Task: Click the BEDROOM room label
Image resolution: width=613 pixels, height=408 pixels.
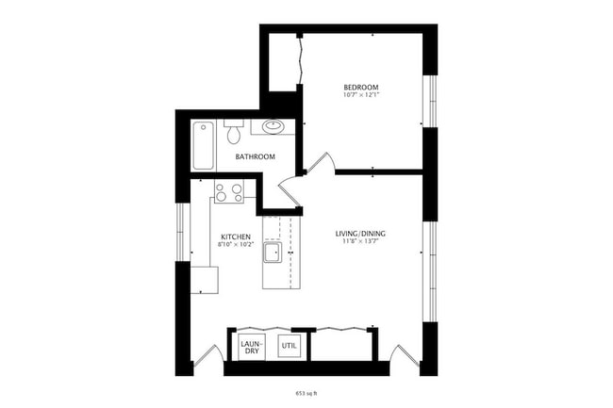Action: tap(361, 88)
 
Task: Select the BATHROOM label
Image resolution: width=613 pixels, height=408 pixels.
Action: tap(255, 156)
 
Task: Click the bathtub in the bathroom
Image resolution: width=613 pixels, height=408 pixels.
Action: tap(204, 145)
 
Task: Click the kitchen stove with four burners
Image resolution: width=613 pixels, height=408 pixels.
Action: tap(229, 192)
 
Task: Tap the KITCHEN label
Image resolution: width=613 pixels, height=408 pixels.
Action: tap(235, 237)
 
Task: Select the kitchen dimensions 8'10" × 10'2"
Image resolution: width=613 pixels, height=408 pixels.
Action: tap(235, 245)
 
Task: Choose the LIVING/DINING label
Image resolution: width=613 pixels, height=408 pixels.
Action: tap(361, 233)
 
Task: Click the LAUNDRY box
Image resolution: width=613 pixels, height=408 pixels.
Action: tap(252, 347)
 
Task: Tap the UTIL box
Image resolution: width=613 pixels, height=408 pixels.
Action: tap(289, 347)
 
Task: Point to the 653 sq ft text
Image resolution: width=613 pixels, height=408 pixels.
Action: tap(306, 389)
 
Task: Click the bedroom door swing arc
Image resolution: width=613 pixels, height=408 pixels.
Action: tap(321, 162)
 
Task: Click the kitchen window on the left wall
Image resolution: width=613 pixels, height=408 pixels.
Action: tap(181, 230)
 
